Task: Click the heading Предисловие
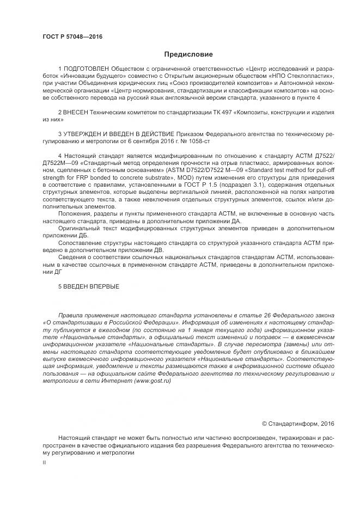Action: (188, 54)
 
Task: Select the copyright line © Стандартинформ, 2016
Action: (298, 422)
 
